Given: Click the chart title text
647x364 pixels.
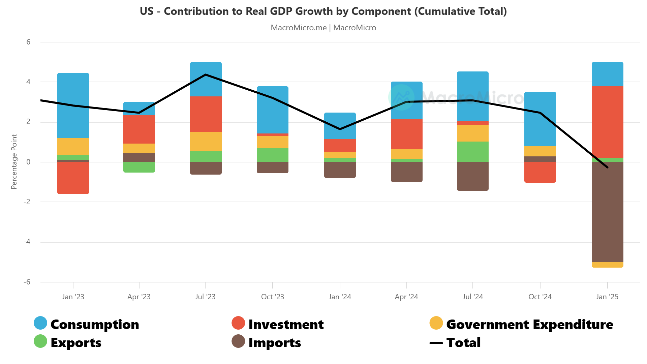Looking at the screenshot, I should (x=323, y=11).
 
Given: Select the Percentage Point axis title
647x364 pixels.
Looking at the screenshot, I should (x=14, y=161).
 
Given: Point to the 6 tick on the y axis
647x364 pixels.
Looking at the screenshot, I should (x=28, y=42).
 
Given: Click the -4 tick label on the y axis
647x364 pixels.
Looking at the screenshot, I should (x=27, y=242).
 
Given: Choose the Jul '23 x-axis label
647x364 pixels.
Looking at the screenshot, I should (x=205, y=297).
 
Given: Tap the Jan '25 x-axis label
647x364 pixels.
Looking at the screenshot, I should (x=607, y=297).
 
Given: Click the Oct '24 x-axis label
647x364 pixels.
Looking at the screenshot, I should (x=540, y=297).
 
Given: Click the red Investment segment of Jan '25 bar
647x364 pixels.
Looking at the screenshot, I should (x=607, y=122).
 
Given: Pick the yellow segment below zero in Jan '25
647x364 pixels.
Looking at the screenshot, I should (x=607, y=265).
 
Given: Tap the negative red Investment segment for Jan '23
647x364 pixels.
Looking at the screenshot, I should (x=73, y=178).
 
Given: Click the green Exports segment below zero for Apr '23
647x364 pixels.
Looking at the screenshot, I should (x=139, y=167).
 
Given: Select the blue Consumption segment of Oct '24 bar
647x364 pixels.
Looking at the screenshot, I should (x=540, y=119).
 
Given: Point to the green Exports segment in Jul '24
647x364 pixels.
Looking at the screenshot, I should (x=472, y=151).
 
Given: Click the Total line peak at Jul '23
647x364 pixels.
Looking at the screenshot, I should (x=206, y=74).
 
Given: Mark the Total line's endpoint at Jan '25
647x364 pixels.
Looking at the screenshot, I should (x=607, y=167).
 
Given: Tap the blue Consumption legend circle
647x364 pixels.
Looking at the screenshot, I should (x=40, y=323).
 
